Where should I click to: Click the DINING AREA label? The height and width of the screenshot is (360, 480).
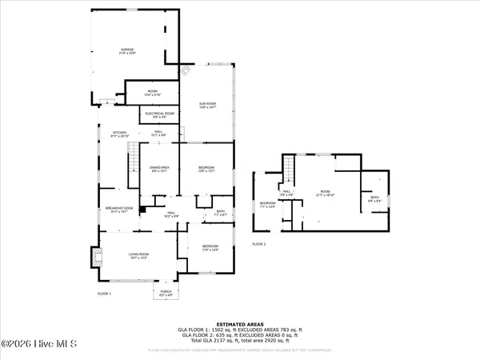pyautogui.click(x=158, y=169)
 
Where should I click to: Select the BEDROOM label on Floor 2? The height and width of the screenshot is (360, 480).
pyautogui.click(x=266, y=205)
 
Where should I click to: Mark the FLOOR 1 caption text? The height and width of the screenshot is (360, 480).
pyautogui.click(x=104, y=294)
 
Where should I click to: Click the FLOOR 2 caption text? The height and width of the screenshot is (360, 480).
pyautogui.click(x=258, y=244)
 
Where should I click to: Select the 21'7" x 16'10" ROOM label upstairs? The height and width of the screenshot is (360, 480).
pyautogui.click(x=325, y=193)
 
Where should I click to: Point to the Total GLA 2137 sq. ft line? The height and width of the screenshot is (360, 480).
pyautogui.click(x=239, y=340)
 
